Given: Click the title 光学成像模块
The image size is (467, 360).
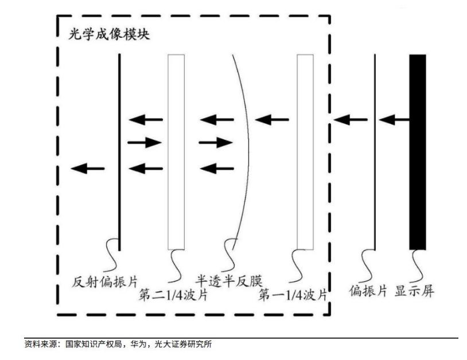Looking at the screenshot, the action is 109,34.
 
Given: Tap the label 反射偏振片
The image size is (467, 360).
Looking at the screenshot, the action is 105,281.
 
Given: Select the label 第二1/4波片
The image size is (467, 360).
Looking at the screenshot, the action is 173,295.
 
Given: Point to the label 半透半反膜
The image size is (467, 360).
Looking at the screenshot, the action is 229,281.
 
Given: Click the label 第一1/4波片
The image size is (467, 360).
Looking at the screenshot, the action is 293,295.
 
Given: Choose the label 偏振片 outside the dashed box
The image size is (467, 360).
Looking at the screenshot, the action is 368,291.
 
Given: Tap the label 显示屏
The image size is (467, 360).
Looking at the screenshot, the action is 414,291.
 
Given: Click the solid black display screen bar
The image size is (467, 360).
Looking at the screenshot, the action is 418,152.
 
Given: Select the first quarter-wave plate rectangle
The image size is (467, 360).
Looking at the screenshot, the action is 305,152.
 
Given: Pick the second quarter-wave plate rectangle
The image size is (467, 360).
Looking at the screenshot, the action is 176,152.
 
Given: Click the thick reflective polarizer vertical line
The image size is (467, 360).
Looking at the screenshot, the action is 119,152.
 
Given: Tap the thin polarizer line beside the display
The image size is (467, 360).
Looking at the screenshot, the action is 375,152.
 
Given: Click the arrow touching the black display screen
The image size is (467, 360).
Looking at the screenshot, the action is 394,120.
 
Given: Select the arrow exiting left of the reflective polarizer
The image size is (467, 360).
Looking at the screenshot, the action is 88,169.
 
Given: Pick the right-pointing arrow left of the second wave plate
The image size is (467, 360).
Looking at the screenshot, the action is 145,143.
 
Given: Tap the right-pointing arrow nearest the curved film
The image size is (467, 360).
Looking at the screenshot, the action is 216,143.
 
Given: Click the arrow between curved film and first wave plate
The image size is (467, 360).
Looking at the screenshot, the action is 272,120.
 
